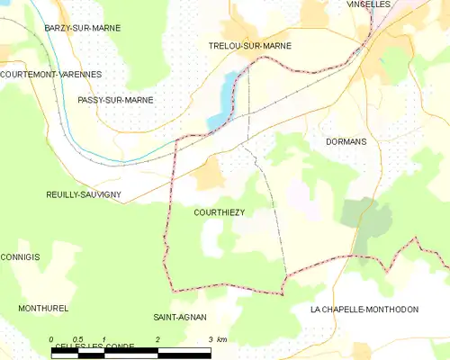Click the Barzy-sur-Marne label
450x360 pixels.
point(83,29)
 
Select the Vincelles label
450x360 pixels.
point(368,4)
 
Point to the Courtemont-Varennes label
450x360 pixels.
point(51,74)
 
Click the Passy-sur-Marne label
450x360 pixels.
point(115,100)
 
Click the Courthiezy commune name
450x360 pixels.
point(220,212)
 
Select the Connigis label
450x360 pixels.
point(20,257)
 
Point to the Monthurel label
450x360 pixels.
point(43,308)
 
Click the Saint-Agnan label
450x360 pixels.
point(180,317)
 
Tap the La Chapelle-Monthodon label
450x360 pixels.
point(364,309)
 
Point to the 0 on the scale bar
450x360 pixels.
point(51,339)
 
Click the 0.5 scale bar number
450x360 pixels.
point(77,339)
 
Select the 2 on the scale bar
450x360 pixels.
point(157,339)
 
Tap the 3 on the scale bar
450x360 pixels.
point(210,339)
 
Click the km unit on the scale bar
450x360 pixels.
point(221,339)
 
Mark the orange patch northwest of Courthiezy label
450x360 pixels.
point(209,174)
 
